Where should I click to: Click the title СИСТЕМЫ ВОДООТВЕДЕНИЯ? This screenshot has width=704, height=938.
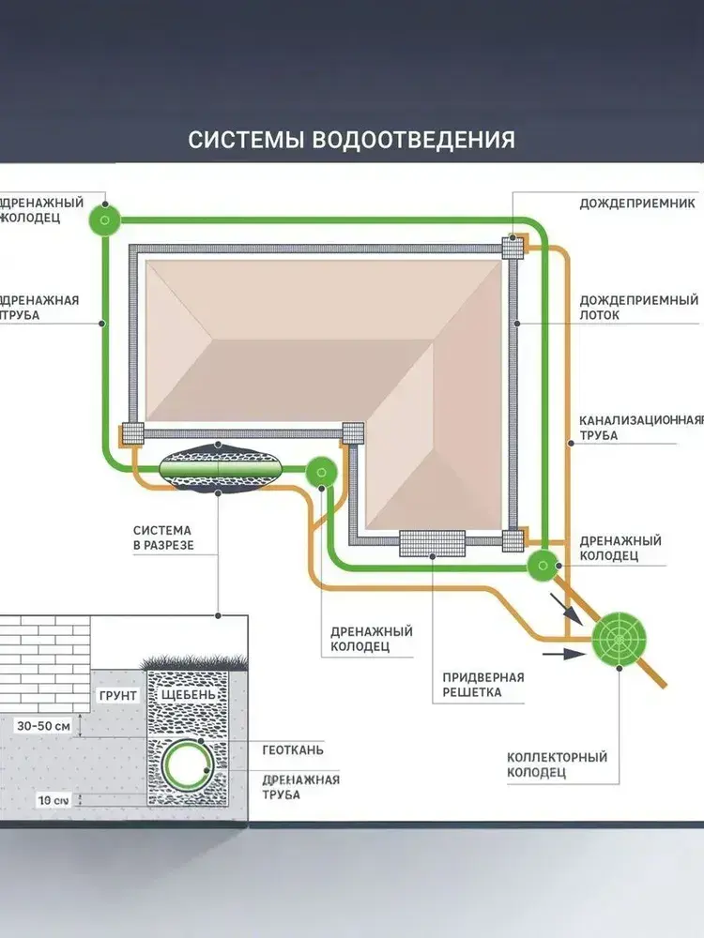(x=351, y=140)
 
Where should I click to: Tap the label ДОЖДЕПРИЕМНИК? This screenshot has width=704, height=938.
(x=636, y=203)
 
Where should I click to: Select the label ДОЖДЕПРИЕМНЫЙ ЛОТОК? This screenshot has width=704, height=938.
(x=638, y=308)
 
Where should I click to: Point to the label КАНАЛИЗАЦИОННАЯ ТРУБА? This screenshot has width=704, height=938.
(x=640, y=427)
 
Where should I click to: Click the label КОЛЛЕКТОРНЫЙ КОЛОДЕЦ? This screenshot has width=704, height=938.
(x=557, y=764)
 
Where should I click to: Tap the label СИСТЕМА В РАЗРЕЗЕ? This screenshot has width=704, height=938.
(x=162, y=537)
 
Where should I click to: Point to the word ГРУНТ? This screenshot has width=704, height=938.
(x=118, y=696)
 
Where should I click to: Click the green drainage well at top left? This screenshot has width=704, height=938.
(x=104, y=221)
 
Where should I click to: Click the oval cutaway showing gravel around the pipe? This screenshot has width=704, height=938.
(x=221, y=466)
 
